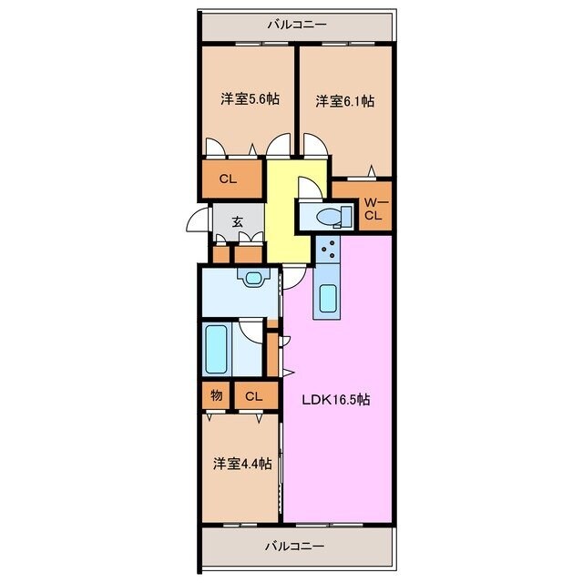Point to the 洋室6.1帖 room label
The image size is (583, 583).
[344, 101]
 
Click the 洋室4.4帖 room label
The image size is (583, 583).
[241, 464]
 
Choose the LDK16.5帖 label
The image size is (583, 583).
[336, 399]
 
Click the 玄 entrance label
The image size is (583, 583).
[236, 220]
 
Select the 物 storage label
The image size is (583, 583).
[215, 395]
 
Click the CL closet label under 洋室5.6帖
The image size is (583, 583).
[227, 179]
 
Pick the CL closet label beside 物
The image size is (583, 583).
[254, 395]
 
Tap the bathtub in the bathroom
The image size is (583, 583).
[216, 350]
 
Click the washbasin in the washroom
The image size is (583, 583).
[251, 277]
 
